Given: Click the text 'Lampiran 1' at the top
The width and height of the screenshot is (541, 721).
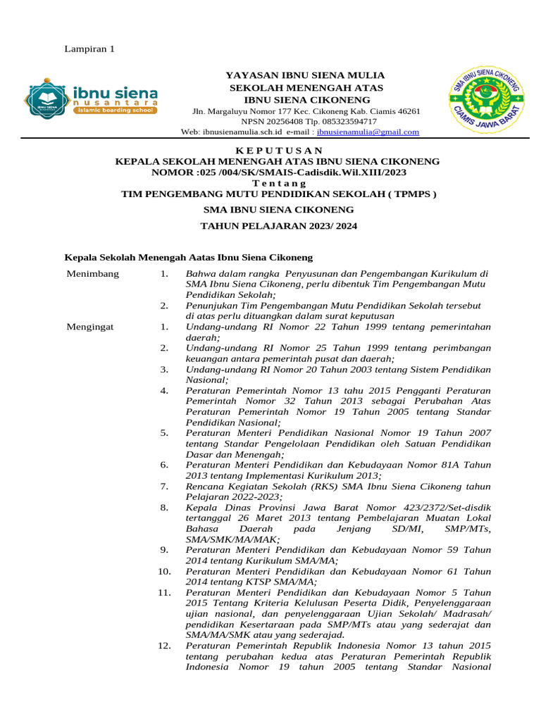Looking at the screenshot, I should (89, 49).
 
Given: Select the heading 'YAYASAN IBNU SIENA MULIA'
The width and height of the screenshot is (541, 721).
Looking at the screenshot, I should (304, 75).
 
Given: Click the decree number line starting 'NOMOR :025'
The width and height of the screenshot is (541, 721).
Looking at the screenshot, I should (278, 172).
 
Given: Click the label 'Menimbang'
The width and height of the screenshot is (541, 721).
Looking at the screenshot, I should (92, 273).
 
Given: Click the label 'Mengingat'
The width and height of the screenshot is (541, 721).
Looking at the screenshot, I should (89, 326).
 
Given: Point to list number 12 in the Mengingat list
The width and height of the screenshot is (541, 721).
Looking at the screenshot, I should (163, 645).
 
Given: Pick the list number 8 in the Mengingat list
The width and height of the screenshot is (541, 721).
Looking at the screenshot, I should (163, 506).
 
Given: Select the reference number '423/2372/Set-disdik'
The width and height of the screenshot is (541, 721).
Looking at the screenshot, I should (437, 506).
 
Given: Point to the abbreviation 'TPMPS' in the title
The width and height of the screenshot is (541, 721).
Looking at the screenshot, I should (410, 194).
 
